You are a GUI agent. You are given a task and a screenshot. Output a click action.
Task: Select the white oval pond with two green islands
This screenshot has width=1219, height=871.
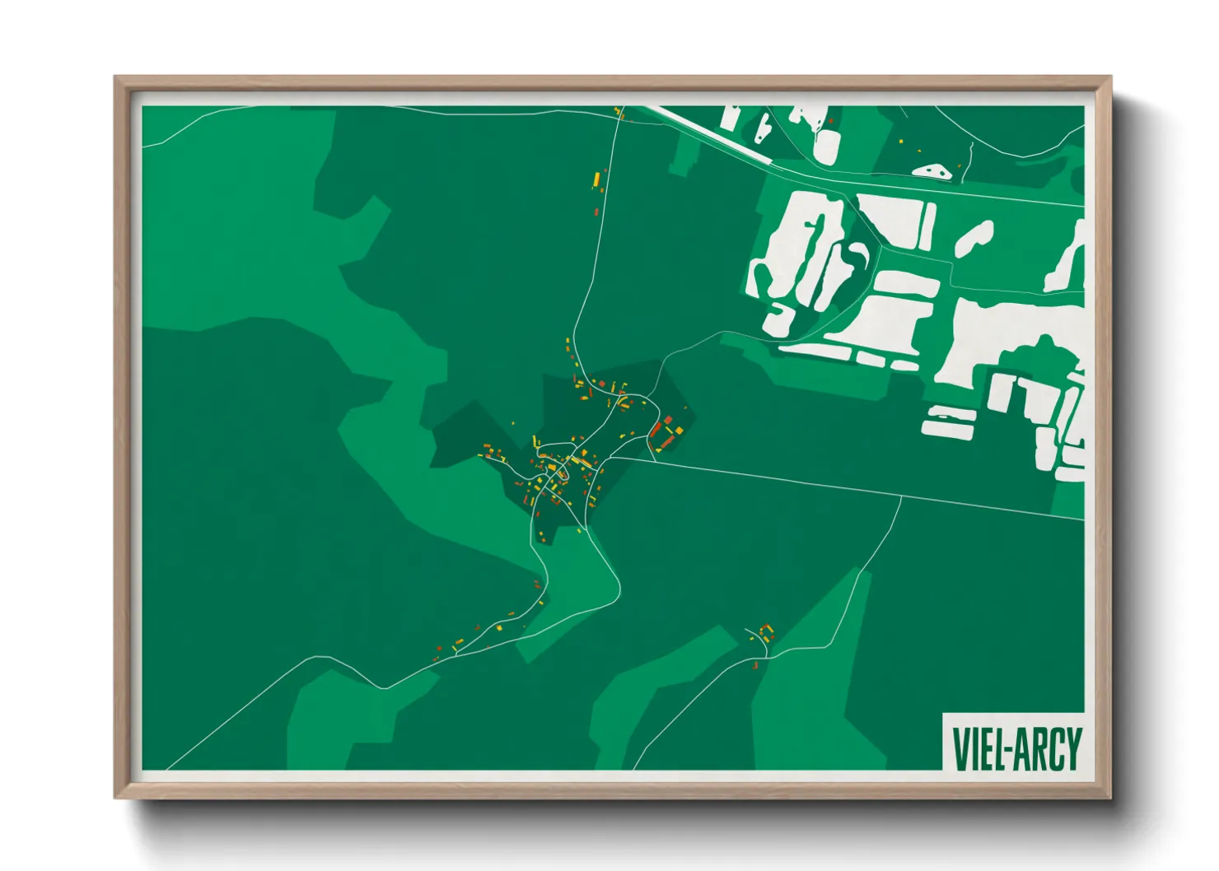[932, 171]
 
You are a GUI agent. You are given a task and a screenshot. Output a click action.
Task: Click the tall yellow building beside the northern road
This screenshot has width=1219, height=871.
[595, 178]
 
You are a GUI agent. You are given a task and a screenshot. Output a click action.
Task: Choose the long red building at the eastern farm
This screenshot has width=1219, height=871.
[656, 429]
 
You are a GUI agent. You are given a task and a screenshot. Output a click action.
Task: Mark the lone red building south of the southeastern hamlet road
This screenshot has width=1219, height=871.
[755, 664]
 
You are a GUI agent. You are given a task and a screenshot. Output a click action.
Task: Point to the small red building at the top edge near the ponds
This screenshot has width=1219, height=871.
[831, 122]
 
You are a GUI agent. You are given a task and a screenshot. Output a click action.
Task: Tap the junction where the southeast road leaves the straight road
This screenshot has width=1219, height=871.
[901, 497]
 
